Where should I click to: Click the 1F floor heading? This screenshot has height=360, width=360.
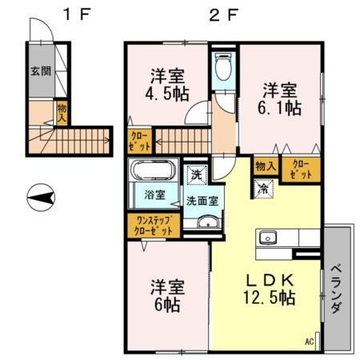click(78, 14)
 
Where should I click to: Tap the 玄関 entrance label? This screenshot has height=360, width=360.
click(41, 70)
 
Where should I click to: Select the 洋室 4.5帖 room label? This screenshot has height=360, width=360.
click(168, 84)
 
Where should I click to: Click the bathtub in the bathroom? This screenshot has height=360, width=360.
click(152, 171)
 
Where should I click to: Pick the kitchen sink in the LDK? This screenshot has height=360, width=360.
click(266, 238)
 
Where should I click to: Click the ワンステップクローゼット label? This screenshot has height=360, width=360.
click(153, 225)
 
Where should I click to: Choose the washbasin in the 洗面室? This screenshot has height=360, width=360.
click(209, 224)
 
